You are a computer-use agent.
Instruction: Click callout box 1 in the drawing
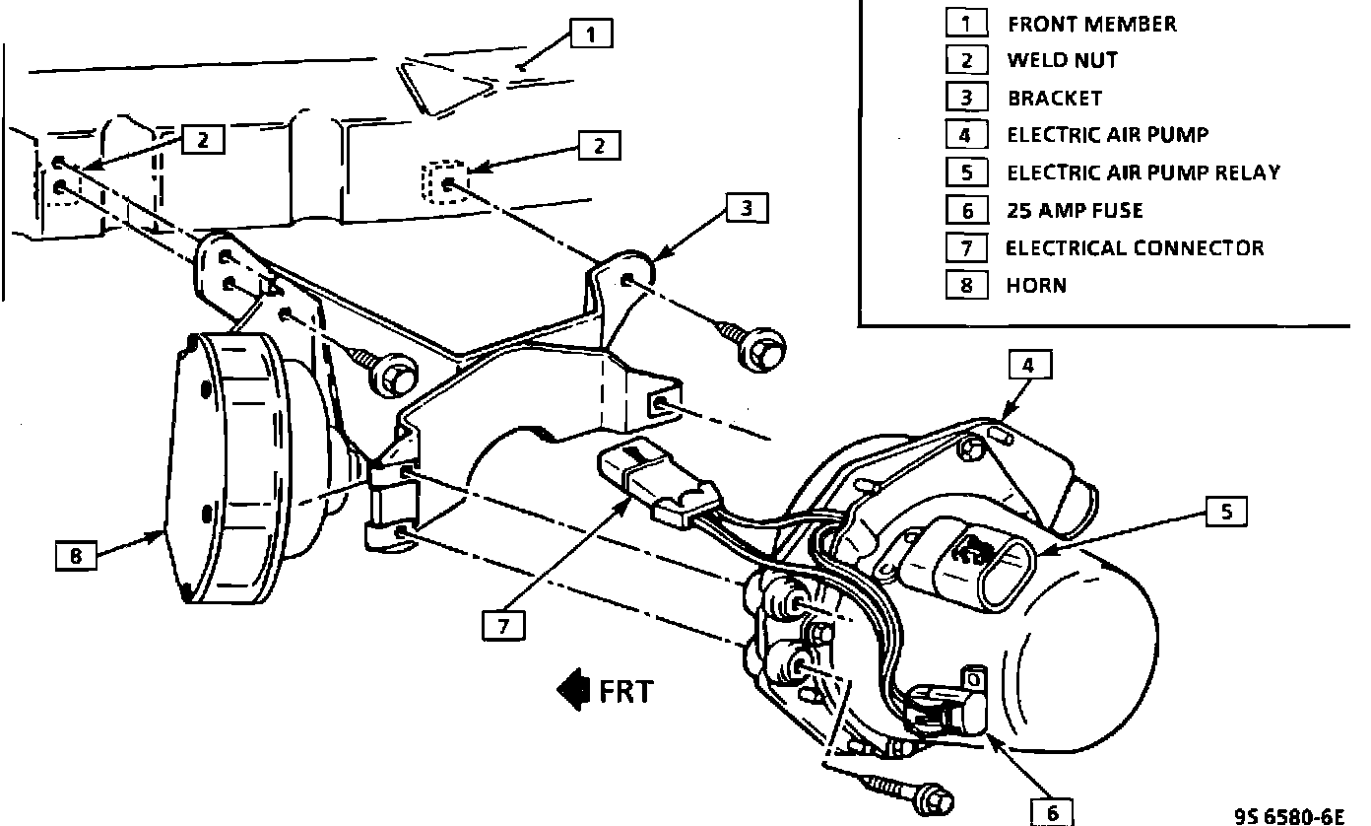(x=590, y=34)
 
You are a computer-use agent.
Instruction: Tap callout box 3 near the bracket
(x=748, y=208)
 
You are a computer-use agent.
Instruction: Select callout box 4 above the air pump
(x=1028, y=366)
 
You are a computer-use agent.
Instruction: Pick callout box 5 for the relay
(x=1226, y=512)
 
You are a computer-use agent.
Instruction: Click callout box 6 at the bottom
(x=1052, y=811)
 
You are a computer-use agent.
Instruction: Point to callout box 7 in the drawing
(x=503, y=625)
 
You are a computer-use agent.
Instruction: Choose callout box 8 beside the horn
(x=76, y=556)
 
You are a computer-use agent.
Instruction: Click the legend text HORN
(x=1037, y=286)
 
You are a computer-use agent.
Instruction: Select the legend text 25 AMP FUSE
(x=1075, y=210)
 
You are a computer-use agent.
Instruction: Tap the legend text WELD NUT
(x=1062, y=60)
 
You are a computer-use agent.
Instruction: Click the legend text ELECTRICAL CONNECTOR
(x=1135, y=247)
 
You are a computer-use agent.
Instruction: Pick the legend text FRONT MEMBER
(x=1091, y=24)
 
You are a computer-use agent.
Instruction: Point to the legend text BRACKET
(x=1054, y=98)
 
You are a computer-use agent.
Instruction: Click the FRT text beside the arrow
(x=625, y=691)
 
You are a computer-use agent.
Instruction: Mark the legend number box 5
(x=966, y=172)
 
